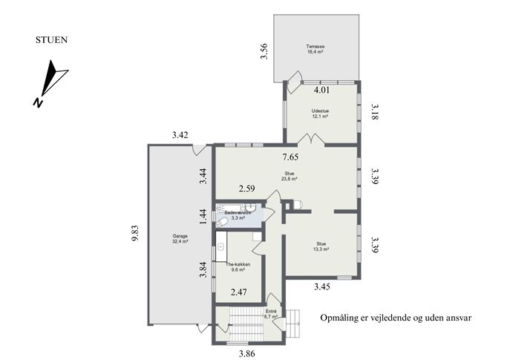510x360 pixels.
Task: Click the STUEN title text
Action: coord(51,40)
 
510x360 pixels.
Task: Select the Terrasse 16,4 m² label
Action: coord(316,49)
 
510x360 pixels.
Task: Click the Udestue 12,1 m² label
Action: coord(320,114)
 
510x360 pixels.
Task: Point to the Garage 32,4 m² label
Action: coord(180,239)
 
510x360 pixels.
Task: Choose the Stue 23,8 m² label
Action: coord(290,176)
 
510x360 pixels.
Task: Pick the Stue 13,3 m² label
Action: coord(321,246)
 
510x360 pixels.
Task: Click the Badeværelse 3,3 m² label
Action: coord(238,215)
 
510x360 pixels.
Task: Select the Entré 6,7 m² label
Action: coord(271,313)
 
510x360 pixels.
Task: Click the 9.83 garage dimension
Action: coord(135,233)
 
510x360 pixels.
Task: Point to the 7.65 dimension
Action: coord(290,157)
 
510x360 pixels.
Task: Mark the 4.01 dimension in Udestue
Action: coord(321,90)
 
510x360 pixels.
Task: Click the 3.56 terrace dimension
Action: coord(264,51)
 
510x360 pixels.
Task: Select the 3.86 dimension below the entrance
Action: coord(247,353)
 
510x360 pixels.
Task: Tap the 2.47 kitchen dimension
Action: coord(239,292)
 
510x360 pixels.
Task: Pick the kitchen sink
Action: coord(221,246)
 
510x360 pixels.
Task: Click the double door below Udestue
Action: coord(312,139)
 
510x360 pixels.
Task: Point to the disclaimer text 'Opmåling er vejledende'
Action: coord(365,318)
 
